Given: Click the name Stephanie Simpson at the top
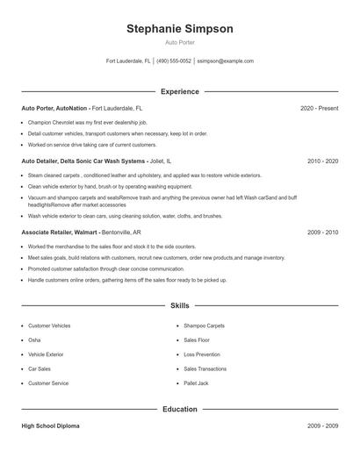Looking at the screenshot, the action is point(179,29).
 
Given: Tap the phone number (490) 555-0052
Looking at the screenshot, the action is point(175,61).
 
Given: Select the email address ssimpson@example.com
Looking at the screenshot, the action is point(225,61).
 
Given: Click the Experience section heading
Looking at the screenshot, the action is point(179,91).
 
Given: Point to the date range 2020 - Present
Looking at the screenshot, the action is point(319,108).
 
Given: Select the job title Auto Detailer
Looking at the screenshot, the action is point(40,162).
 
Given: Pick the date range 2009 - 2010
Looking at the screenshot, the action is point(322,232).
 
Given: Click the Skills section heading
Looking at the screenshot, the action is point(179,305).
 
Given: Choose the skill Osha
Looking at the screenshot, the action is point(34,340).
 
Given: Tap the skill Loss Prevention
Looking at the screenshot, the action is point(201,354).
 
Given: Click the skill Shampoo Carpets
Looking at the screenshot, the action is point(204,325).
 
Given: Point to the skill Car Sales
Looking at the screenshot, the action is point(40,369).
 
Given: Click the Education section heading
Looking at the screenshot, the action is point(179,409).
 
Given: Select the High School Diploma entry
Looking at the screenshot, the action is point(50,426).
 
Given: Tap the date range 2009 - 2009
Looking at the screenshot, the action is point(322,426).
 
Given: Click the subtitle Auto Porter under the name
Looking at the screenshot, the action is point(179,42).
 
